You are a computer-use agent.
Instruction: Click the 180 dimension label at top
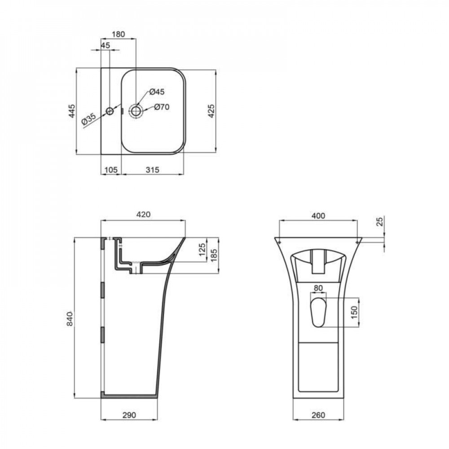point(118,34)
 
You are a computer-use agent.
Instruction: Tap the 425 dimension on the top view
point(212,110)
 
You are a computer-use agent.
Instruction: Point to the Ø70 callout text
point(161,107)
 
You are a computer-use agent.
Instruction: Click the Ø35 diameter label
point(89,119)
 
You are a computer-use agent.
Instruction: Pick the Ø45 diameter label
point(157,92)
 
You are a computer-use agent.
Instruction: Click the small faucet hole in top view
point(110,111)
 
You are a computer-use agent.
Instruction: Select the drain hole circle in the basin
point(136,110)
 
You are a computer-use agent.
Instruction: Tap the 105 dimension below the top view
point(110,169)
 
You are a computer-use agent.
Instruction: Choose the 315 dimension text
point(153,169)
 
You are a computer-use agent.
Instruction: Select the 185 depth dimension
point(214,255)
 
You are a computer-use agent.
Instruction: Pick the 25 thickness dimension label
point(379,221)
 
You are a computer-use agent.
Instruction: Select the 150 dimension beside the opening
point(354,312)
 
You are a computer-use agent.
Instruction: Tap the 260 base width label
point(317,415)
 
